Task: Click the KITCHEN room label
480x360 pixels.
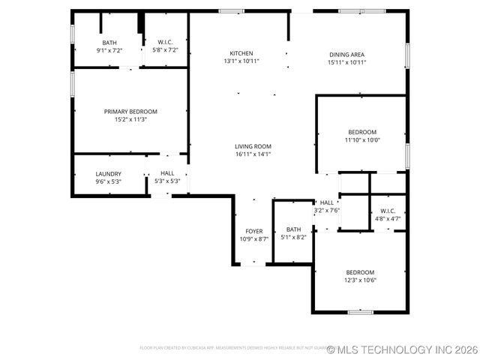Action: point(241,52)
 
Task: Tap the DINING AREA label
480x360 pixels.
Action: point(346,53)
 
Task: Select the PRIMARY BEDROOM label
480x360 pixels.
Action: point(130,111)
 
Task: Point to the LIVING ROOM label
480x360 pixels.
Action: point(253,146)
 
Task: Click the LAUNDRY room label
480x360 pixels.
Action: point(108,173)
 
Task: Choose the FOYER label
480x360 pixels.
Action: point(253,231)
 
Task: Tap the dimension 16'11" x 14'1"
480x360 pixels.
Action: point(253,154)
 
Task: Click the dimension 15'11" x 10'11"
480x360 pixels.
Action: point(346,62)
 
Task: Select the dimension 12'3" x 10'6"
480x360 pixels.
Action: point(360,280)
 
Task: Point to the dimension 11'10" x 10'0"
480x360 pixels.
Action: point(362,139)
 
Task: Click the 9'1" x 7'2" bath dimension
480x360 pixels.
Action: point(109,50)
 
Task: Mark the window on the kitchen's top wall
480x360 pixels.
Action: point(231,11)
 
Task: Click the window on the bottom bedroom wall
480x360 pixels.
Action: point(360,311)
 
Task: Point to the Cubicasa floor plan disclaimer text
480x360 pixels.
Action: point(232,348)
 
